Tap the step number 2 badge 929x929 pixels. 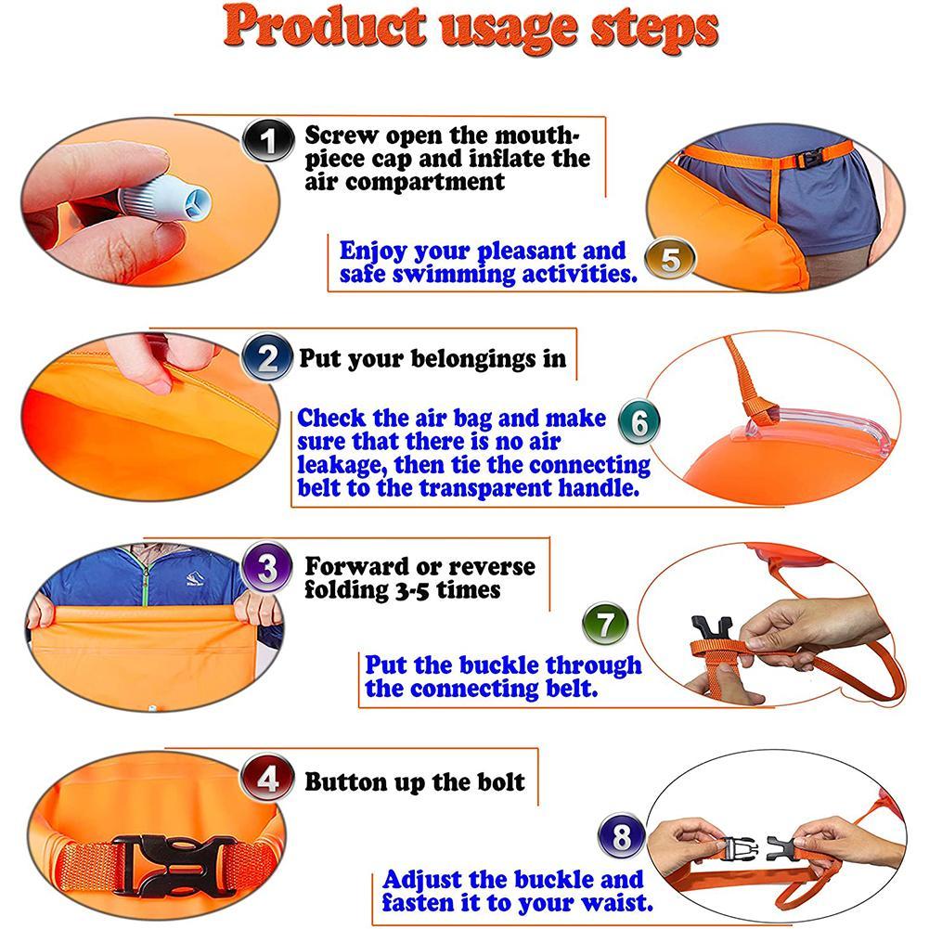click(267, 358)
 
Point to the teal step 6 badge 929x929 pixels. click(639, 423)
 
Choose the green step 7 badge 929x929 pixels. click(605, 624)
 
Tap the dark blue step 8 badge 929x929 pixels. click(623, 838)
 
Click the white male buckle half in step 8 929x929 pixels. click(738, 845)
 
